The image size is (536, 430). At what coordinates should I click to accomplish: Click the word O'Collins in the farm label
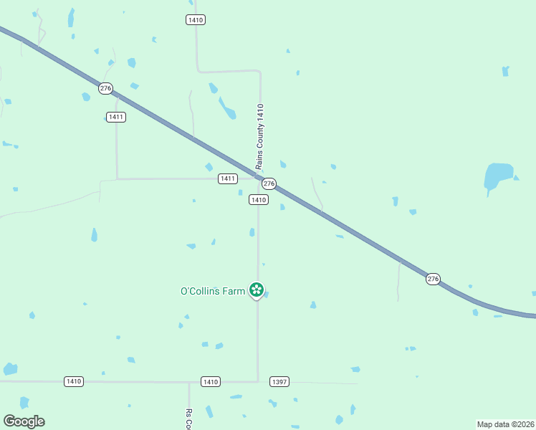coord(201,291)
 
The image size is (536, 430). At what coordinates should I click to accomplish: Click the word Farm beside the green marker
coord(234,291)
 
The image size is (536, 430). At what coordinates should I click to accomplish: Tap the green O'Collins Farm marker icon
coord(256,290)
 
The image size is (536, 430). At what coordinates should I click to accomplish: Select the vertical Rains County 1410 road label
coord(261,136)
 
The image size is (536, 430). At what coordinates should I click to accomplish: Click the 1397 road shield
coord(279,382)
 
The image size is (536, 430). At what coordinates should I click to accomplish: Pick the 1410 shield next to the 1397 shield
coord(210,382)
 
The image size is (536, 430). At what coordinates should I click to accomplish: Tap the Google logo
coord(24,421)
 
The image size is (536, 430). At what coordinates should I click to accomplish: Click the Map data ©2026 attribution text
coord(505,424)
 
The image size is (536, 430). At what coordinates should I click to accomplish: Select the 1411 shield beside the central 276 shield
coord(228,178)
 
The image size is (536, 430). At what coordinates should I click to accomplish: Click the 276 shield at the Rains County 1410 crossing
coord(269,183)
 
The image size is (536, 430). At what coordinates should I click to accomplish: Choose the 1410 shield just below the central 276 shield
coord(259,200)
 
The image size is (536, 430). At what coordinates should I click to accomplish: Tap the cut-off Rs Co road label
coord(189,419)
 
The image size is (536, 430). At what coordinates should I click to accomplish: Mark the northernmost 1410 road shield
coord(196,19)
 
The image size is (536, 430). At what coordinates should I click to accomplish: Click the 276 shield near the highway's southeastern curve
coord(433,279)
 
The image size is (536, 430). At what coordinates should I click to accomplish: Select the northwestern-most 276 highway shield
coord(106,88)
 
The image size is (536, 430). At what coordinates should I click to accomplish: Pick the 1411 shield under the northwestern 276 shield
coord(116,117)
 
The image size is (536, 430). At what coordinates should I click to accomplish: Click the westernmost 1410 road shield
coord(73,381)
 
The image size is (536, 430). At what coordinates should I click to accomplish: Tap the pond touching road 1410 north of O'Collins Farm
coord(252,232)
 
